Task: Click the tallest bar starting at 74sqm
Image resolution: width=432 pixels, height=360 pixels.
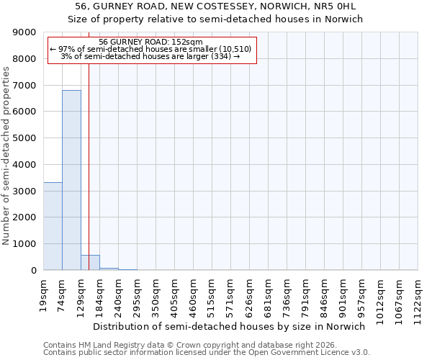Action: point(71,180)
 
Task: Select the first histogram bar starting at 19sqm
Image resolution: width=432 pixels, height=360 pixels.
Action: point(53,226)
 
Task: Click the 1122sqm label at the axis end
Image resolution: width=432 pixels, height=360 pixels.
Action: point(418,294)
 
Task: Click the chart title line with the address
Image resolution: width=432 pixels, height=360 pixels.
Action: point(215,6)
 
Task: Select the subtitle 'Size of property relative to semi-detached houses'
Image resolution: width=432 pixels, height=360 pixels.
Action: point(215,19)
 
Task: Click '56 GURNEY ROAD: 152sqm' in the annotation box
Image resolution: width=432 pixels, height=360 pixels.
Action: point(151,42)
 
